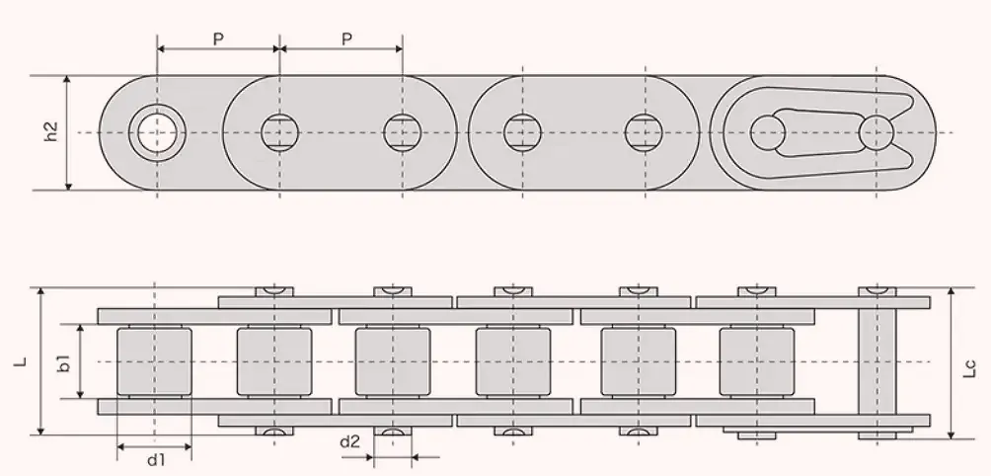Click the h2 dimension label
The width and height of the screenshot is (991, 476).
point(51,131)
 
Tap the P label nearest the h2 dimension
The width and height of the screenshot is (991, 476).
point(218,39)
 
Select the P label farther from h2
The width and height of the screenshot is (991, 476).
point(346,39)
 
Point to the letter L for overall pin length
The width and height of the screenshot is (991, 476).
point(19,362)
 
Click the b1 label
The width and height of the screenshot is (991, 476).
point(63,362)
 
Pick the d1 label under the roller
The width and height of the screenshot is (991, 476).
point(155,460)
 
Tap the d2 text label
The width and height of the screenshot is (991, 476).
point(349,441)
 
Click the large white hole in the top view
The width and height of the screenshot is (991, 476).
point(156,131)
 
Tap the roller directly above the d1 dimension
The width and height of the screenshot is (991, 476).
point(154,361)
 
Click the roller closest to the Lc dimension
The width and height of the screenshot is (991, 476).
point(756,361)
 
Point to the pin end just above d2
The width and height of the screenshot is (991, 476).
point(392,432)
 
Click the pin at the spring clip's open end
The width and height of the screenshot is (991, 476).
point(876,131)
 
